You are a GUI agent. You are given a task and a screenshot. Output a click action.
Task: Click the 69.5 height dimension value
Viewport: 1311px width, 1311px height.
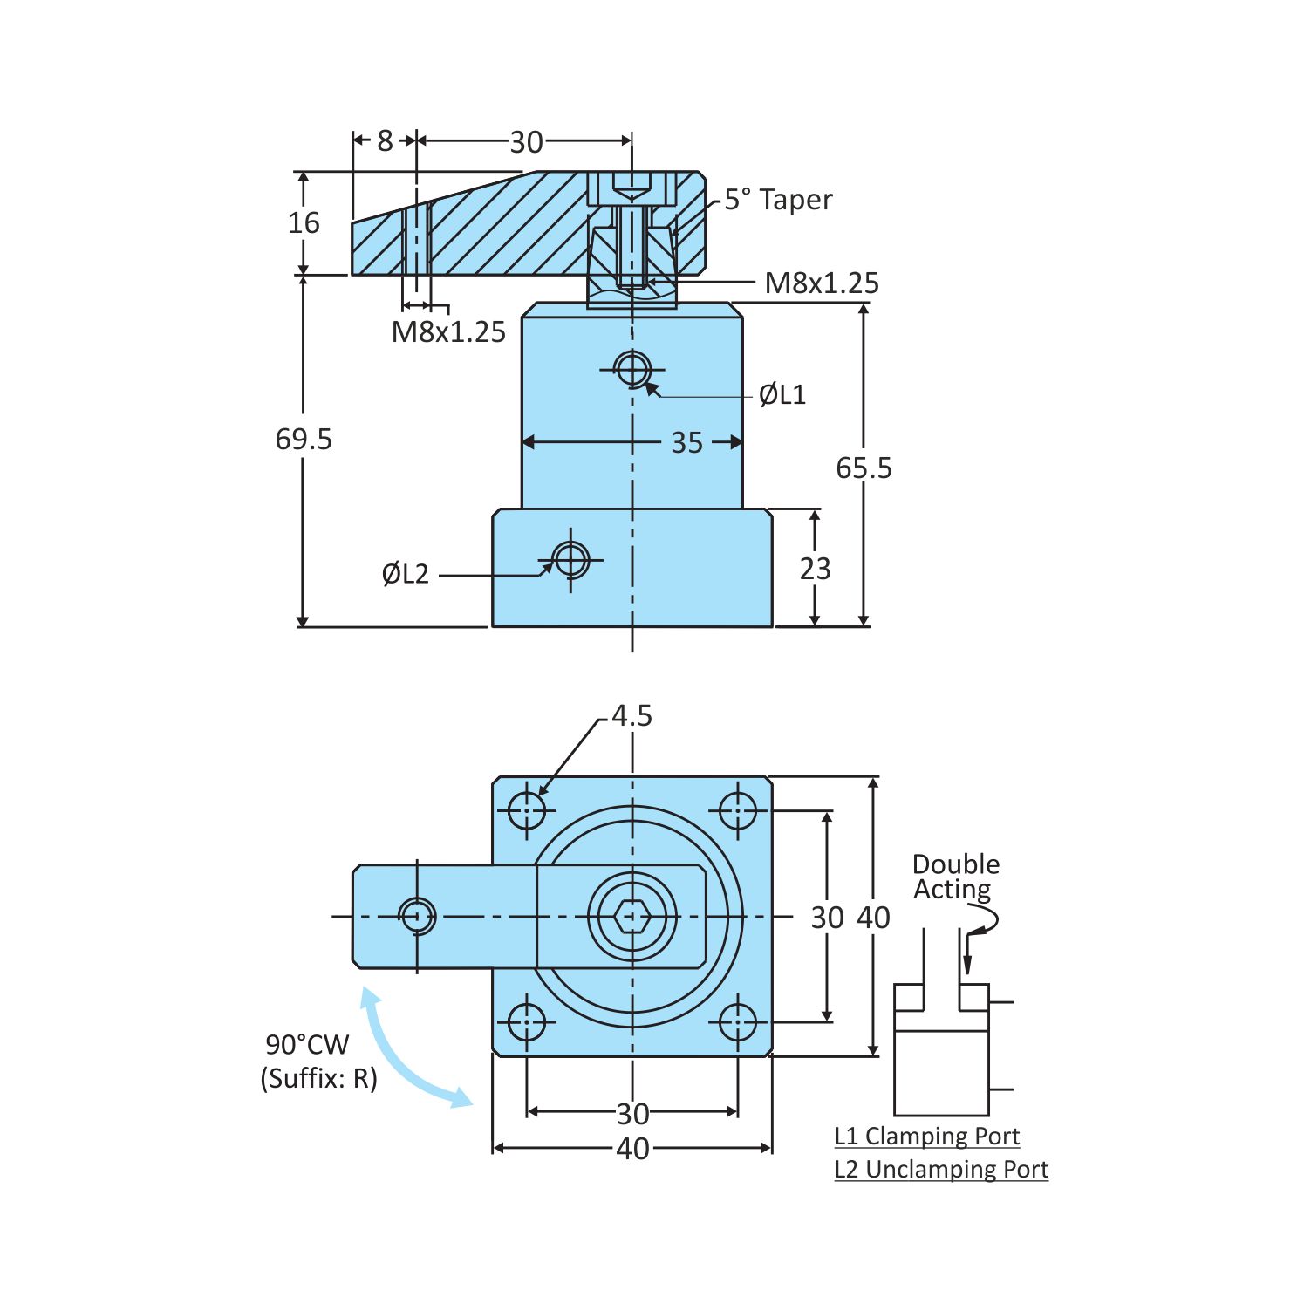click(304, 439)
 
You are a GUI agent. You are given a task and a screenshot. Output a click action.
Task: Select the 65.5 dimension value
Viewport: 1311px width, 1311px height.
click(864, 468)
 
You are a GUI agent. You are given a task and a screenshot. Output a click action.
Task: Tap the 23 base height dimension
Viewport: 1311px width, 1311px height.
click(815, 569)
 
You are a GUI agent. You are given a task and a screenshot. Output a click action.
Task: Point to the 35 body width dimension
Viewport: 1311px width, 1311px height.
click(686, 443)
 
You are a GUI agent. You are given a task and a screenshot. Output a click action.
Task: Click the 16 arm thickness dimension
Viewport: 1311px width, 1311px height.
click(304, 223)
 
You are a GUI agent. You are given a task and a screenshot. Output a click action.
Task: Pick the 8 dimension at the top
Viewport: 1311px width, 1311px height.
click(385, 140)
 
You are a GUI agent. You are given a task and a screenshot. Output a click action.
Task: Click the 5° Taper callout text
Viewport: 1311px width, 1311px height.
click(778, 200)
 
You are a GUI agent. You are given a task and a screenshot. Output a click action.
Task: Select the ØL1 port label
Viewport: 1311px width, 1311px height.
click(782, 395)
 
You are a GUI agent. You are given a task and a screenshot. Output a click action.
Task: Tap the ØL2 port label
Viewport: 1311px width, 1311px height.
click(406, 574)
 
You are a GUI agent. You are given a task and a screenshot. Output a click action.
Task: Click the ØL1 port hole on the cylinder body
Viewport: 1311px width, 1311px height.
click(632, 368)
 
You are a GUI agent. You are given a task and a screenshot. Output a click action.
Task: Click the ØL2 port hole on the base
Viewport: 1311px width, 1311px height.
click(571, 558)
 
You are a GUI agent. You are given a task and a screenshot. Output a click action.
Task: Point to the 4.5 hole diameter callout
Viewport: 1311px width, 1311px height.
click(632, 716)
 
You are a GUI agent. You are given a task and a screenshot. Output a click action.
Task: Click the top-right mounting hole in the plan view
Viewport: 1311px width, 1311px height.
click(738, 811)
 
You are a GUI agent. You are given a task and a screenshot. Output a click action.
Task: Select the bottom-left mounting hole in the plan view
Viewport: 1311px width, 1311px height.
click(527, 1022)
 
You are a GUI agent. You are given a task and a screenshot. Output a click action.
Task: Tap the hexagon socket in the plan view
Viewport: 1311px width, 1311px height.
click(632, 917)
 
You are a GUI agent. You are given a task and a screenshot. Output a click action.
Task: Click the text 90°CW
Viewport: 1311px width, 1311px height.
click(307, 1044)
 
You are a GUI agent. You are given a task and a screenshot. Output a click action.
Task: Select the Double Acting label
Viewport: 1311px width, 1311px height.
click(955, 877)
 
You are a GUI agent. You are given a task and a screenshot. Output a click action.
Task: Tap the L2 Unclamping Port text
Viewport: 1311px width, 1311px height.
click(941, 1169)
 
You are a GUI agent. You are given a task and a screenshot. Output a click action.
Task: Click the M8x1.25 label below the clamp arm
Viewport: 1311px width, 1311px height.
click(448, 332)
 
